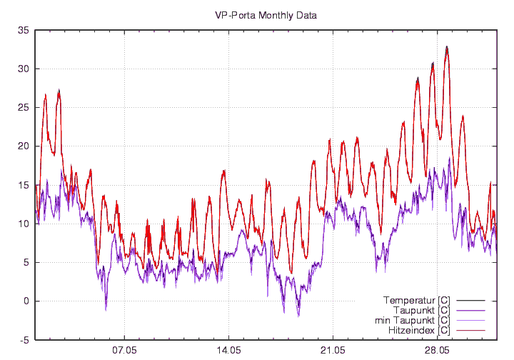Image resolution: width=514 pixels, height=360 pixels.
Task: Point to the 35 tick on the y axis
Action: coord(23,30)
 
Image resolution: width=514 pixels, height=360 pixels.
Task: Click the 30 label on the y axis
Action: coord(23,69)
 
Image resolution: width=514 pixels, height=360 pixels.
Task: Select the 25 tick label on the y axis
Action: coord(23,107)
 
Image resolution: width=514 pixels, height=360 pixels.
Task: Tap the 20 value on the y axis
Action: coord(23,146)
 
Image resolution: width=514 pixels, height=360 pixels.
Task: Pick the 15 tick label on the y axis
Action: coord(23,185)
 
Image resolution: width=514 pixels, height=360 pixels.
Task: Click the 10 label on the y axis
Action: coord(23,224)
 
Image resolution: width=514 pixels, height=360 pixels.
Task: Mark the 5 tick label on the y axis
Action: coord(26,262)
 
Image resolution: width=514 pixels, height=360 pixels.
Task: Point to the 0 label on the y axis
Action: coord(26,301)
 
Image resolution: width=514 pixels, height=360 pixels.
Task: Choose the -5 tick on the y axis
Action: coord(24,340)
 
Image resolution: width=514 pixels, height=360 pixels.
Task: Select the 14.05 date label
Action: coord(228,351)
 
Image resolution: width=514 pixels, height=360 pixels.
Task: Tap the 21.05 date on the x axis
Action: coord(333,351)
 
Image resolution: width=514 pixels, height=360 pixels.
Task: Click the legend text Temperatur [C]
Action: coord(416,299)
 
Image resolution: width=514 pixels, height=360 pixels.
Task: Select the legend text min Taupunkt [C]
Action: coord(413,321)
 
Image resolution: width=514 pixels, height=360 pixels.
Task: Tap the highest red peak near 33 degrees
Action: coord(447,47)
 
